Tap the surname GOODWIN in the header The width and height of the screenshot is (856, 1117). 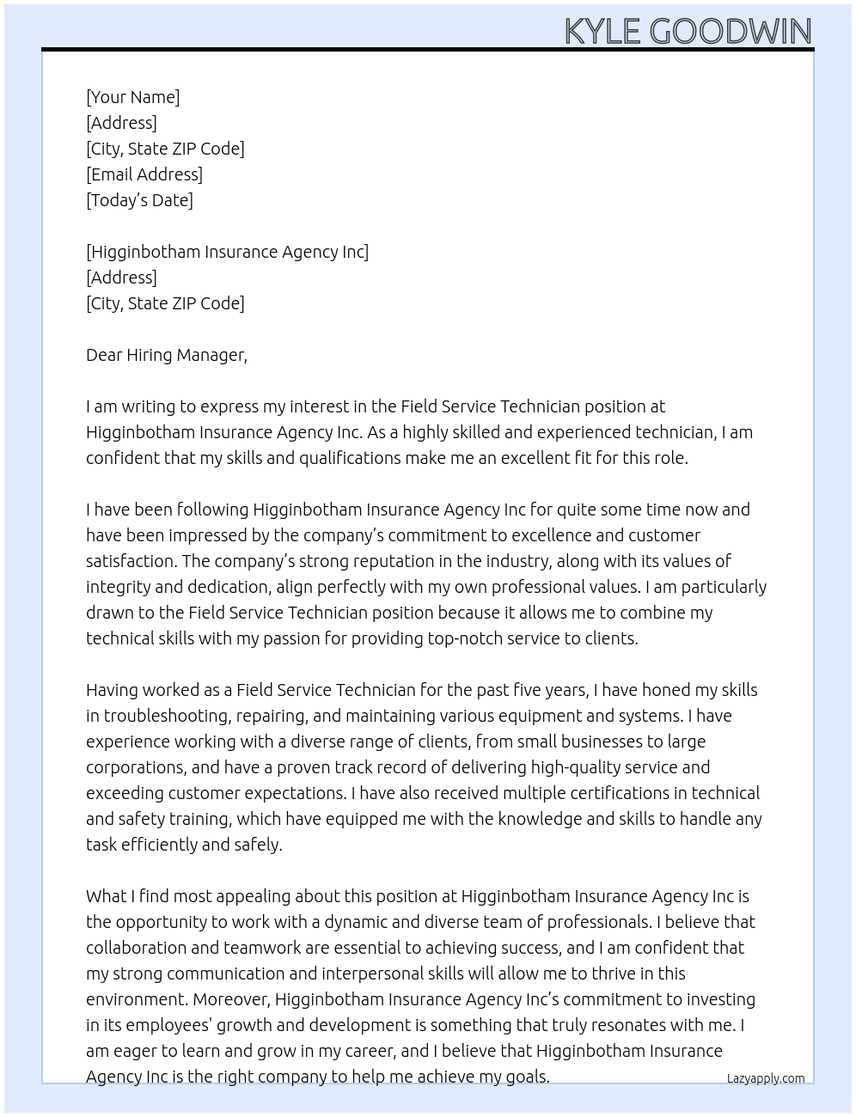(x=731, y=32)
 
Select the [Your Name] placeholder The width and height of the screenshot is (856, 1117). (x=132, y=97)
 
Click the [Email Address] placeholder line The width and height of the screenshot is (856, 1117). (x=144, y=174)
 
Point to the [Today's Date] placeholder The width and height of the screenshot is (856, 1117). (x=139, y=200)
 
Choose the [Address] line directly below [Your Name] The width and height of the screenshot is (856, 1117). (x=121, y=123)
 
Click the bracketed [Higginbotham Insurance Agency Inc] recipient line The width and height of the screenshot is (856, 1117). (x=227, y=252)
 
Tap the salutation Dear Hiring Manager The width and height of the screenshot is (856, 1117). (x=166, y=355)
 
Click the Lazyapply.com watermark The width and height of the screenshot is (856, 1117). (x=766, y=1078)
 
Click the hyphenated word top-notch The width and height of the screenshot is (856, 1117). (x=482, y=638)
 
